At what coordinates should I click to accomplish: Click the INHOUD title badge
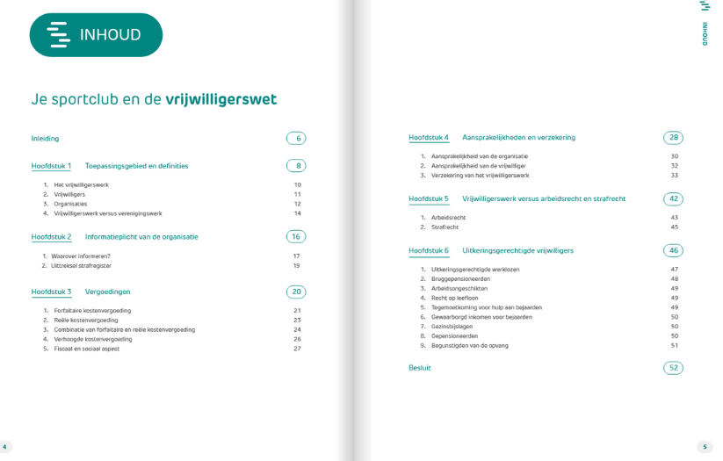tap(96, 35)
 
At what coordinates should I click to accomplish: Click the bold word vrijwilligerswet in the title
tap(221, 99)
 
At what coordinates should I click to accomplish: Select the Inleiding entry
tap(45, 139)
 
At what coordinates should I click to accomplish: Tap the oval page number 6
tap(296, 139)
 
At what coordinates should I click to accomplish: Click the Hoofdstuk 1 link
tap(51, 166)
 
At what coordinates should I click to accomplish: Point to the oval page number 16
tap(296, 237)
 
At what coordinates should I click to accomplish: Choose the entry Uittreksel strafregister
tap(81, 265)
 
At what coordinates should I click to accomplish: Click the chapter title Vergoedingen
tap(107, 292)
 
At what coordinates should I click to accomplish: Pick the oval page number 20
tap(296, 292)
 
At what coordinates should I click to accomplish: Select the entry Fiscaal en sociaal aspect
tap(86, 349)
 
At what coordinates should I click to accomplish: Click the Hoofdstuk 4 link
tap(429, 138)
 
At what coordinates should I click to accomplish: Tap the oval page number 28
tap(673, 138)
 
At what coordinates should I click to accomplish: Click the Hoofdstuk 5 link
tap(429, 199)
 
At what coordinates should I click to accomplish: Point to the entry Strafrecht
tap(445, 227)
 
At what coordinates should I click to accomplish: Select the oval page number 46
tap(673, 250)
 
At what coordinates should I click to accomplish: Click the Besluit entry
tap(420, 368)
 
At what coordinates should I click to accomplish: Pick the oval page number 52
tap(673, 368)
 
